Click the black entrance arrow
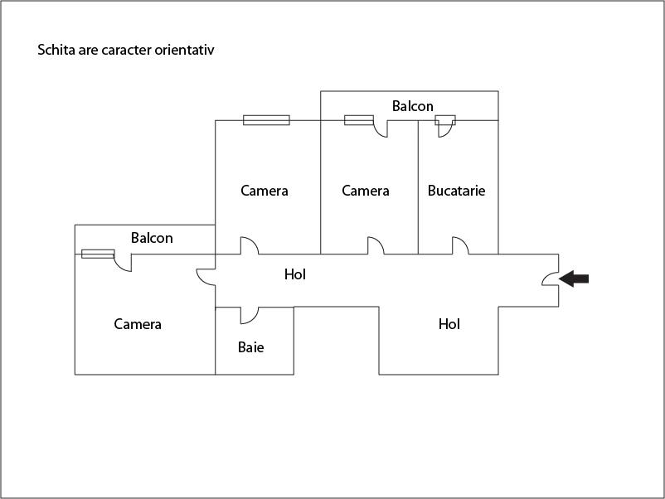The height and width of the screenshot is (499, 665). point(574,279)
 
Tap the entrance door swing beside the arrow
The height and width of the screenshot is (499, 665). point(551,279)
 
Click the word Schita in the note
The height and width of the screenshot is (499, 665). point(56,50)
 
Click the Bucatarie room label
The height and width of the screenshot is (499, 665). point(456,191)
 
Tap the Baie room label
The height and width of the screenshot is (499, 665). point(250,347)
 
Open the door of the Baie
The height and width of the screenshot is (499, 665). point(250,315)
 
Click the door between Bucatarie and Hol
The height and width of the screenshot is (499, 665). point(460,245)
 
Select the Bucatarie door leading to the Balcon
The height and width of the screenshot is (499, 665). point(445,126)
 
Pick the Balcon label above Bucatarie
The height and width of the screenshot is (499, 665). point(413,105)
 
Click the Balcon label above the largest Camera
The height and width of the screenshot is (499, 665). point(152,238)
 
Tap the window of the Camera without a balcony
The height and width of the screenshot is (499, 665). point(266,120)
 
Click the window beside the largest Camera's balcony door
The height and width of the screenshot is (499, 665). point(98,254)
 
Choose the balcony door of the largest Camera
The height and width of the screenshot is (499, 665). point(123,263)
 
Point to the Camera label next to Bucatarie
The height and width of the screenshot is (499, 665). point(366,191)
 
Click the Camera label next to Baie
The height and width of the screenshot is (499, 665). point(138,324)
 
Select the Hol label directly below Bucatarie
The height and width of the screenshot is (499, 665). point(449,324)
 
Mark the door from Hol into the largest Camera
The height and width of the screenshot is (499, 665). point(206,277)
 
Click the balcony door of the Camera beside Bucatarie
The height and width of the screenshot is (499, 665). point(381,128)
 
